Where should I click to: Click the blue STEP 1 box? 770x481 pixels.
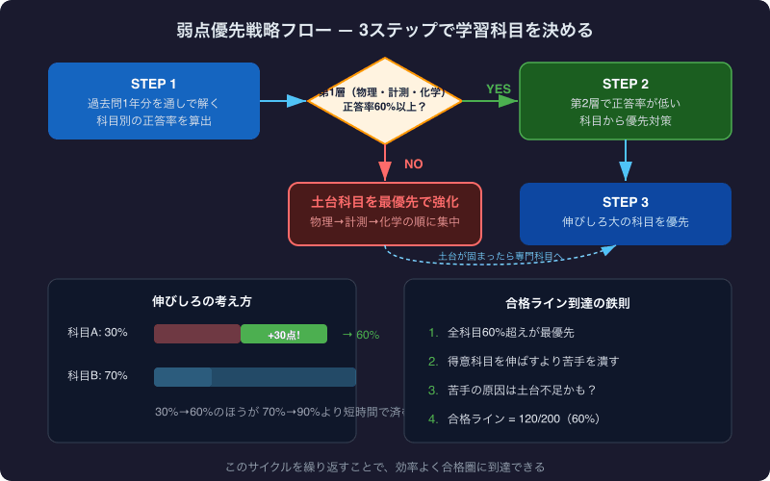tap(154, 101)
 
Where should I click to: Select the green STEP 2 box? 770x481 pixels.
tap(626, 101)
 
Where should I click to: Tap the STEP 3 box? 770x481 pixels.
tap(626, 213)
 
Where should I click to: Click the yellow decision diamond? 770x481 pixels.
tap(385, 100)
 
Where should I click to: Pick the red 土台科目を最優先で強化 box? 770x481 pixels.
tap(385, 213)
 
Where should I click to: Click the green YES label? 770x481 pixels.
tap(499, 89)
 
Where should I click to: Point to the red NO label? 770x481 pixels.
tap(413, 165)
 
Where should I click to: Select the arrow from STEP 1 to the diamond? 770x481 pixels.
tap(283, 101)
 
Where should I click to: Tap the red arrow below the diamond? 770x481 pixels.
tap(385, 162)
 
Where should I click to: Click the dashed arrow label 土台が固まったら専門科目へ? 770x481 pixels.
tap(500, 256)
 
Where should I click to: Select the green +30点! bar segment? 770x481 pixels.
tap(284, 334)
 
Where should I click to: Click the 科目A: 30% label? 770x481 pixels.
tap(97, 333)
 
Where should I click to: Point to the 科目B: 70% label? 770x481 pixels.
tap(97, 376)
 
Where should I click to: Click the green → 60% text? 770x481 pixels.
tap(360, 335)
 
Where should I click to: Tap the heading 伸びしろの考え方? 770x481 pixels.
tap(202, 301)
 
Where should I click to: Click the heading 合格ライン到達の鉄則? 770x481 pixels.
tap(568, 303)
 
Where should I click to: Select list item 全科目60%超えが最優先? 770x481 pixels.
tap(510, 333)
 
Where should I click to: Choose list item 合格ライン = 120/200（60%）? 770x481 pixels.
tap(524, 419)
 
